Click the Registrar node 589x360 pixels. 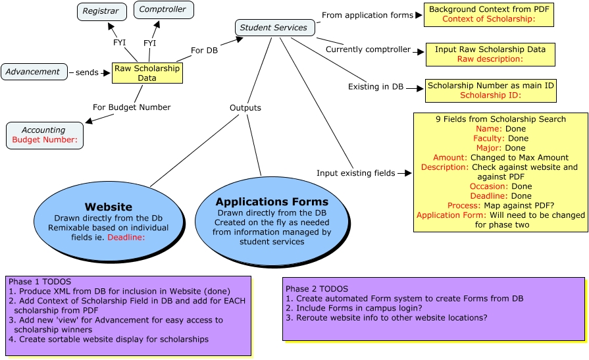pyautogui.click(x=101, y=11)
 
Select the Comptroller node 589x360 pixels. pyautogui.click(x=163, y=10)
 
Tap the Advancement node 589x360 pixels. pyautogui.click(x=34, y=72)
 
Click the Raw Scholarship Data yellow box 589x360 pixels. pyautogui.click(x=147, y=73)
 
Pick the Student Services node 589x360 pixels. pyautogui.click(x=274, y=28)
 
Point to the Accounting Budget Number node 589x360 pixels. pyautogui.click(x=44, y=135)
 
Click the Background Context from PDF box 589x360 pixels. pyautogui.click(x=488, y=14)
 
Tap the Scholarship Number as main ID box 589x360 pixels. pyautogui.click(x=490, y=90)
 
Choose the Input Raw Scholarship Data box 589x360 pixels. pyautogui.click(x=490, y=54)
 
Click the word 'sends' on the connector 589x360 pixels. pyautogui.click(x=87, y=72)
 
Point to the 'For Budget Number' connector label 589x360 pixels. pyautogui.click(x=132, y=107)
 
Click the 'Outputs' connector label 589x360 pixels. pyautogui.click(x=245, y=107)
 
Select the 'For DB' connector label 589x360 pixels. pyautogui.click(x=204, y=50)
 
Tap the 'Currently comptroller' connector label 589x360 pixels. pyautogui.click(x=368, y=49)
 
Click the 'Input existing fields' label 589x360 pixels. pyautogui.click(x=355, y=173)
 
